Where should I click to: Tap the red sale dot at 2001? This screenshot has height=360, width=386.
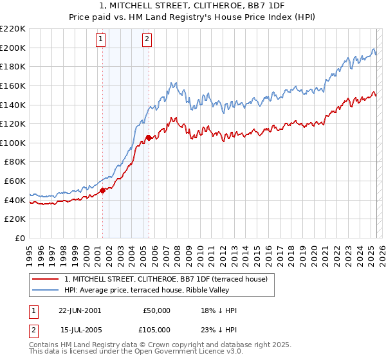pyautogui.click(x=103, y=190)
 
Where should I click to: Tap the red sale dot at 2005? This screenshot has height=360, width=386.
pyautogui.click(x=149, y=137)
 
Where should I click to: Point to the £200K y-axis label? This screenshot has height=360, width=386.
pyautogui.click(x=13, y=48)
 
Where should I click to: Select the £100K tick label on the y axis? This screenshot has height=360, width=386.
pyautogui.click(x=13, y=143)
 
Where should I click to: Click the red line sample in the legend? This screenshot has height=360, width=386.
pyautogui.click(x=46, y=278)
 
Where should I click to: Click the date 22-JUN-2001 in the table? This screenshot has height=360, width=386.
pyautogui.click(x=80, y=310)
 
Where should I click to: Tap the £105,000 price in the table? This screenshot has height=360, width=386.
pyautogui.click(x=157, y=330)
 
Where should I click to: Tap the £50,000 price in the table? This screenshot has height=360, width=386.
pyautogui.click(x=157, y=310)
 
